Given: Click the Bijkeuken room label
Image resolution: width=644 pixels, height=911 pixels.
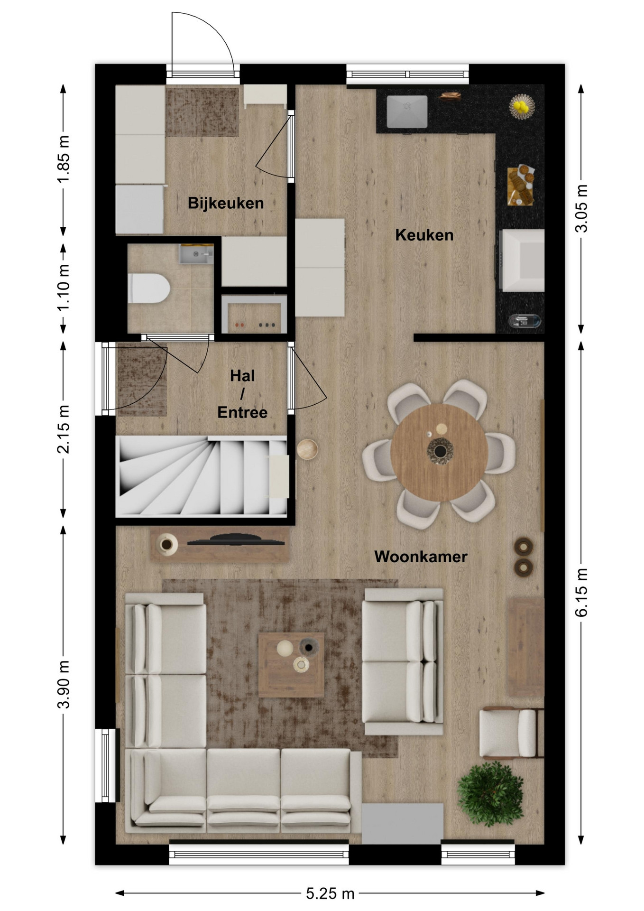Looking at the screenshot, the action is pyautogui.click(x=226, y=203).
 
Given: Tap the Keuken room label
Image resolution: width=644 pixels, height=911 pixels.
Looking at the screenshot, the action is pyautogui.click(x=424, y=235).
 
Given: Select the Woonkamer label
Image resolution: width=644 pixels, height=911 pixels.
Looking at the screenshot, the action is pyautogui.click(x=421, y=557).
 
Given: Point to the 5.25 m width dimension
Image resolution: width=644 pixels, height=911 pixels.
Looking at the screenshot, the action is pyautogui.click(x=330, y=893).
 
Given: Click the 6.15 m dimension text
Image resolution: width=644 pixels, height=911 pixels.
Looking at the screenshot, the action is pyautogui.click(x=581, y=592).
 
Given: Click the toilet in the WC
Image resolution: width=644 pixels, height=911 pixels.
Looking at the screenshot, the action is pyautogui.click(x=149, y=288).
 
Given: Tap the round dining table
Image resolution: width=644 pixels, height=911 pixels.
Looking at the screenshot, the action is pyautogui.click(x=439, y=452).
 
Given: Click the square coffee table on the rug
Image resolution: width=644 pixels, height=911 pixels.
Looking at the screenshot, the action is pyautogui.click(x=291, y=664).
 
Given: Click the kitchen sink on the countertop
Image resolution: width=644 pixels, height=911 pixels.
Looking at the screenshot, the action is pyautogui.click(x=407, y=112).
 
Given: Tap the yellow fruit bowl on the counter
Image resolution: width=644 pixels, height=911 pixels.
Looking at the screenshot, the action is pyautogui.click(x=522, y=107).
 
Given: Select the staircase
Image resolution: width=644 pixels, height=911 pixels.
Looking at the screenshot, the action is pyautogui.click(x=202, y=476).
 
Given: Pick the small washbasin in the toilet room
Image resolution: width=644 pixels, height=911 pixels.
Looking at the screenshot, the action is pyautogui.click(x=196, y=254).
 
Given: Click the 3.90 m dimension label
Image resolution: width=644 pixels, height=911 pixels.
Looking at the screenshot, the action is pyautogui.click(x=64, y=684).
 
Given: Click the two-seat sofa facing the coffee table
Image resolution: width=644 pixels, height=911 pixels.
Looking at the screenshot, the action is pyautogui.click(x=403, y=662).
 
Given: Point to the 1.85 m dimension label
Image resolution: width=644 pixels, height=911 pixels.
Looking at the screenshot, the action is pyautogui.click(x=64, y=159).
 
